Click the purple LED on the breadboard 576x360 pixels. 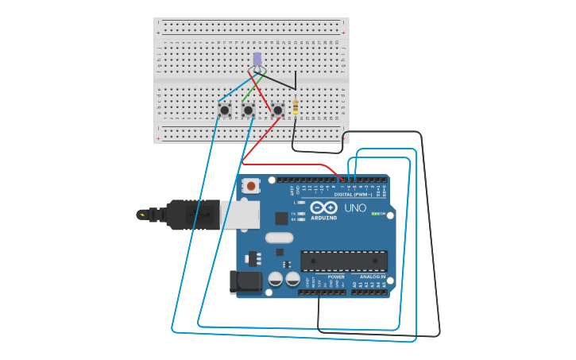point(257,59)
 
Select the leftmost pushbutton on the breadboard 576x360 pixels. point(224,110)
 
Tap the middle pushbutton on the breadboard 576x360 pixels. point(248,110)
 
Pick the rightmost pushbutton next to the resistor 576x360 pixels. point(277,110)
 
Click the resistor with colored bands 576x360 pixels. point(296,106)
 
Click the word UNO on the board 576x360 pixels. point(355,208)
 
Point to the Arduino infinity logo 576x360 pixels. point(323,207)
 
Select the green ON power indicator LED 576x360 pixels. point(375,214)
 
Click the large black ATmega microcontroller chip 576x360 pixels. point(343,261)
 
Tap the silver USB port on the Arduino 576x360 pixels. point(239,215)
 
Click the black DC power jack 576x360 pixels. point(245,281)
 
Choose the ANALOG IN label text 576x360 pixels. point(372,277)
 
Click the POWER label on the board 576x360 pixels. point(336,277)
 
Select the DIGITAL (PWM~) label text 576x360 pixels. point(353,194)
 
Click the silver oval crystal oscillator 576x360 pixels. point(279,238)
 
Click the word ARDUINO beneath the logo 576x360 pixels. point(323,218)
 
